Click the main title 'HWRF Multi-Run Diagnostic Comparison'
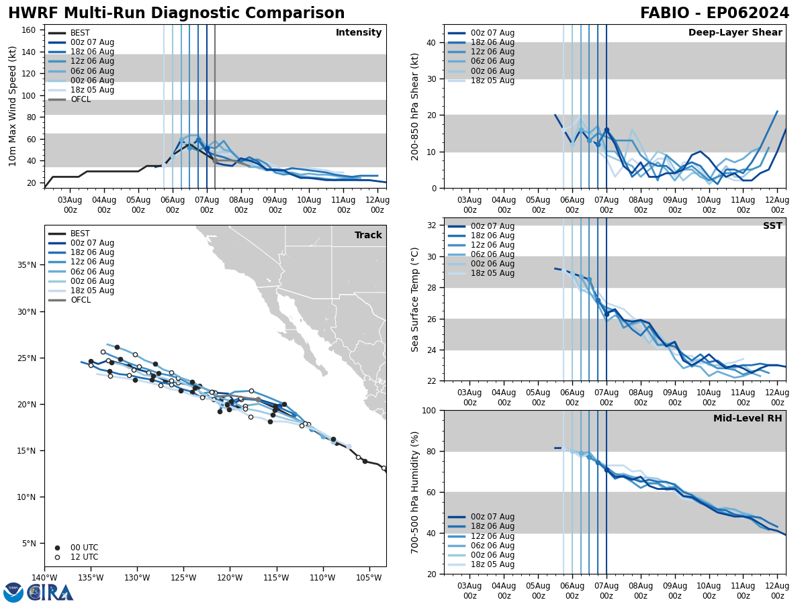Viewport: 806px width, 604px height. tap(176, 13)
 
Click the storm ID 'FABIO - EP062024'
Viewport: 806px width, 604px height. tap(714, 13)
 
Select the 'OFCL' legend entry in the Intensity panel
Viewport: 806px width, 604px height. tap(80, 99)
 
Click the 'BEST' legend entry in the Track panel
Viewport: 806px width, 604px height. tap(80, 234)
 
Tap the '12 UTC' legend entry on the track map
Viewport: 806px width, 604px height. tap(84, 557)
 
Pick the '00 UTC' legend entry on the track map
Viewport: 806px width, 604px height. tap(84, 548)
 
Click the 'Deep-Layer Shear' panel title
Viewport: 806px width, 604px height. tap(735, 33)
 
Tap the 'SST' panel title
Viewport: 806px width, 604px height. tap(772, 226)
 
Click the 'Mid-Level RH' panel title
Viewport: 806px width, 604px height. tap(747, 419)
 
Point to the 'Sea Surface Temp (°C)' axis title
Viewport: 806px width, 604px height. tap(415, 299)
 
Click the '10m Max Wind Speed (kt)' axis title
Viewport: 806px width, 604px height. tap(13, 106)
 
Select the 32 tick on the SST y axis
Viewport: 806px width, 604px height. tap(431, 225)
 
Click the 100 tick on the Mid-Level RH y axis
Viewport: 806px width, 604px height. tap(429, 410)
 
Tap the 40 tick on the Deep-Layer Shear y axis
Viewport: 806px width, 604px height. tap(431, 42)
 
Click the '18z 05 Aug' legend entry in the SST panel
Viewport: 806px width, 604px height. tap(492, 273)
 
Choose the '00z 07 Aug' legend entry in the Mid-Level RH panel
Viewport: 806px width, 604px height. tap(492, 517)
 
